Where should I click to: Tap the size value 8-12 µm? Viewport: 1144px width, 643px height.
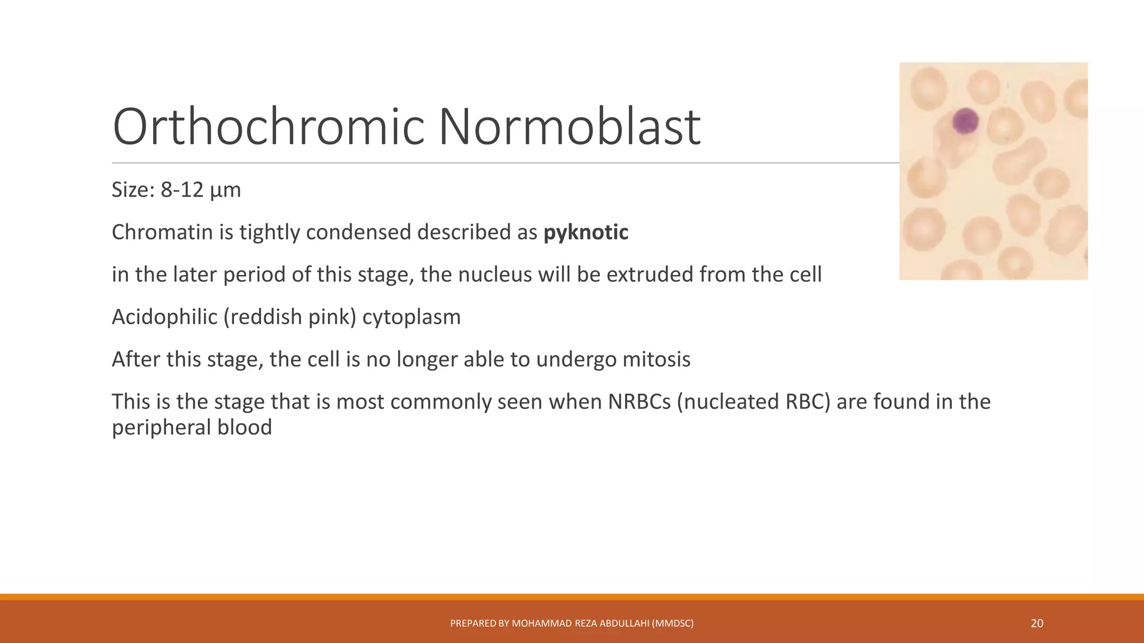point(201,190)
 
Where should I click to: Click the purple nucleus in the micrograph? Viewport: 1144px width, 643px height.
point(965,121)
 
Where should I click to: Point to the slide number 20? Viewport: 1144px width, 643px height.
point(1037,623)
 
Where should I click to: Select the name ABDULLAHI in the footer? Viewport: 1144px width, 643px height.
point(624,623)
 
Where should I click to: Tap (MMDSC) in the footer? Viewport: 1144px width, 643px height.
point(673,623)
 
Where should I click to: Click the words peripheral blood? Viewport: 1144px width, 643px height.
point(192,428)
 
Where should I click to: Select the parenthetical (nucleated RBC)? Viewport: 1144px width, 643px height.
point(754,402)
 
